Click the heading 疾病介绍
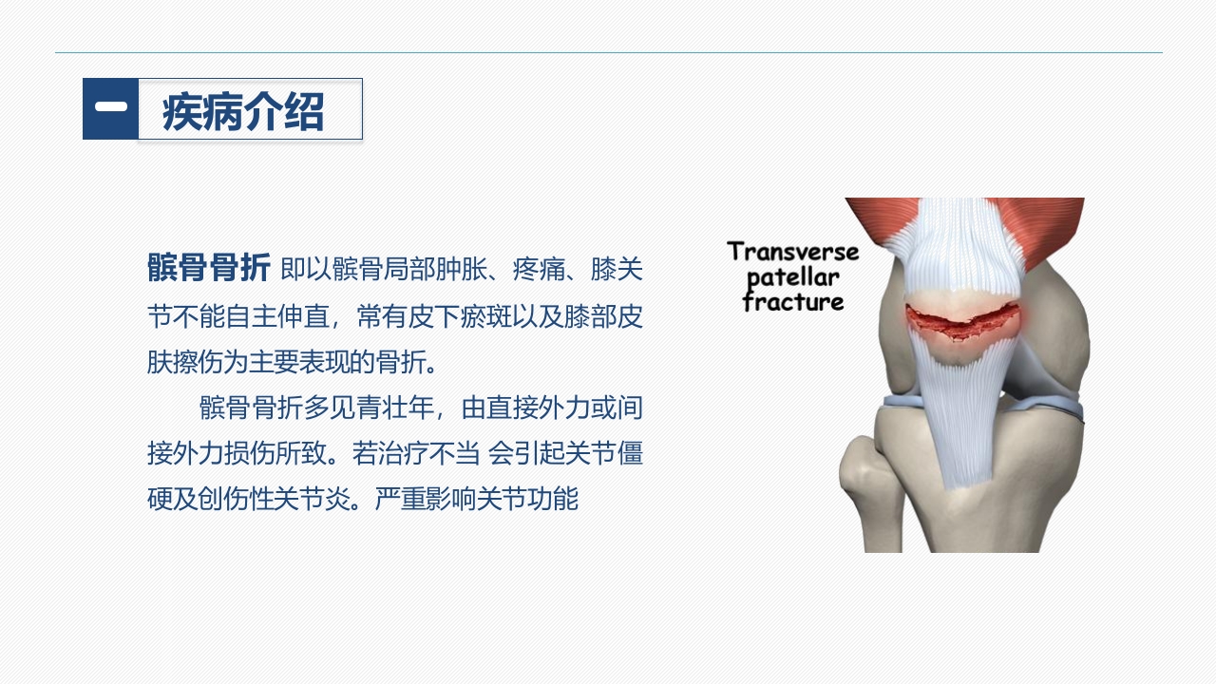[x=243, y=112]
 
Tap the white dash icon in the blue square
[x=110, y=107]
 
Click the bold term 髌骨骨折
[x=209, y=269]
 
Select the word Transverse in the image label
[x=792, y=252]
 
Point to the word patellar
[x=793, y=278]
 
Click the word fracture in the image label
[x=793, y=303]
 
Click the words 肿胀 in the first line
[x=459, y=270]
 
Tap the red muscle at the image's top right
[x=1050, y=228]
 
